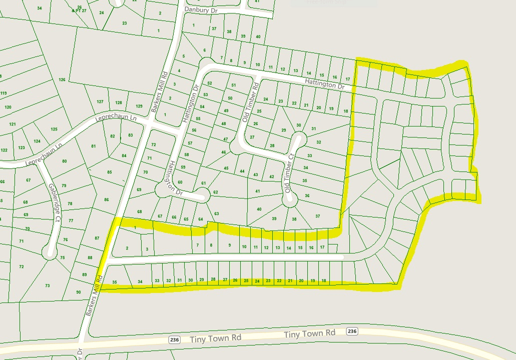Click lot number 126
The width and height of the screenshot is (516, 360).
[62, 80]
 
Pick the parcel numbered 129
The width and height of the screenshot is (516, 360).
[139, 106]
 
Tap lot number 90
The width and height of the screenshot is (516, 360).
[79, 292]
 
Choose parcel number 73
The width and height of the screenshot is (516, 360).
[47, 285]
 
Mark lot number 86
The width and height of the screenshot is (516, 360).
[106, 200]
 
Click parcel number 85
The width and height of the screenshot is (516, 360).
[110, 172]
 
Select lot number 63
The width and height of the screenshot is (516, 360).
[217, 214]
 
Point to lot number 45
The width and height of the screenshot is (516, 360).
[226, 168]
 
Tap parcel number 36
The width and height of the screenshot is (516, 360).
[307, 195]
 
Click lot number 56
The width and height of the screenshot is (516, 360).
[194, 130]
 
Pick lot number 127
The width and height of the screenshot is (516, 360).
[100, 101]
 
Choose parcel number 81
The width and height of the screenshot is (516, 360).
[93, 146]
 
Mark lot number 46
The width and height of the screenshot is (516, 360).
[224, 151]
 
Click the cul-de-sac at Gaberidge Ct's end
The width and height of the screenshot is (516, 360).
[50, 251]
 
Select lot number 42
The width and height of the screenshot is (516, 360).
[272, 177]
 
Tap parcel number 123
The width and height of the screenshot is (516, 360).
[21, 147]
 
